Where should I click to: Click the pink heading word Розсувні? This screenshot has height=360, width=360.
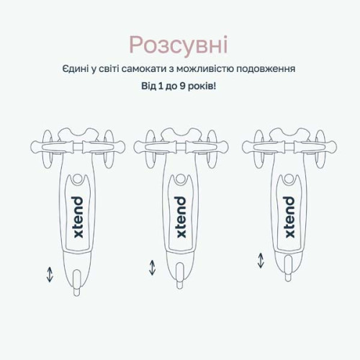point(179,45)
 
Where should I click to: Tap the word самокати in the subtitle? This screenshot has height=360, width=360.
point(144,69)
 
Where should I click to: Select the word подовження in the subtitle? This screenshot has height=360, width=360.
point(266,70)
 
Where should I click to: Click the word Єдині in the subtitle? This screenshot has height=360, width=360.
point(76,68)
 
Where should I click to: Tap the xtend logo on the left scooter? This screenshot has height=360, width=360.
point(78,217)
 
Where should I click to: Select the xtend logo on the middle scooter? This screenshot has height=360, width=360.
point(181,217)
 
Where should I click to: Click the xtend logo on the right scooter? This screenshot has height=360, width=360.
point(289,217)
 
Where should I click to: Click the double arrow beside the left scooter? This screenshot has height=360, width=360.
point(50,275)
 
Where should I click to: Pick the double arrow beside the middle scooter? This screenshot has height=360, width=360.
point(152,268)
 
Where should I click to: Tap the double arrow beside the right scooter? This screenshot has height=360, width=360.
point(261,261)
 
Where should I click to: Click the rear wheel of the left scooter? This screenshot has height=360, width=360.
point(77,282)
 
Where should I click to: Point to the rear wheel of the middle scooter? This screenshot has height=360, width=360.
point(179,276)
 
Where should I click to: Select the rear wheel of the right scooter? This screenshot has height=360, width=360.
point(288,268)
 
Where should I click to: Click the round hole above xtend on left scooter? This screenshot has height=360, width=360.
point(77,179)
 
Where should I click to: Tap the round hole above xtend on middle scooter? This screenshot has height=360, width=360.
point(180,179)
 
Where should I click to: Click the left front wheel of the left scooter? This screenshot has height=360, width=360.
point(48,149)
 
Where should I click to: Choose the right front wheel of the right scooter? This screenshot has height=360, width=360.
point(320,149)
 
